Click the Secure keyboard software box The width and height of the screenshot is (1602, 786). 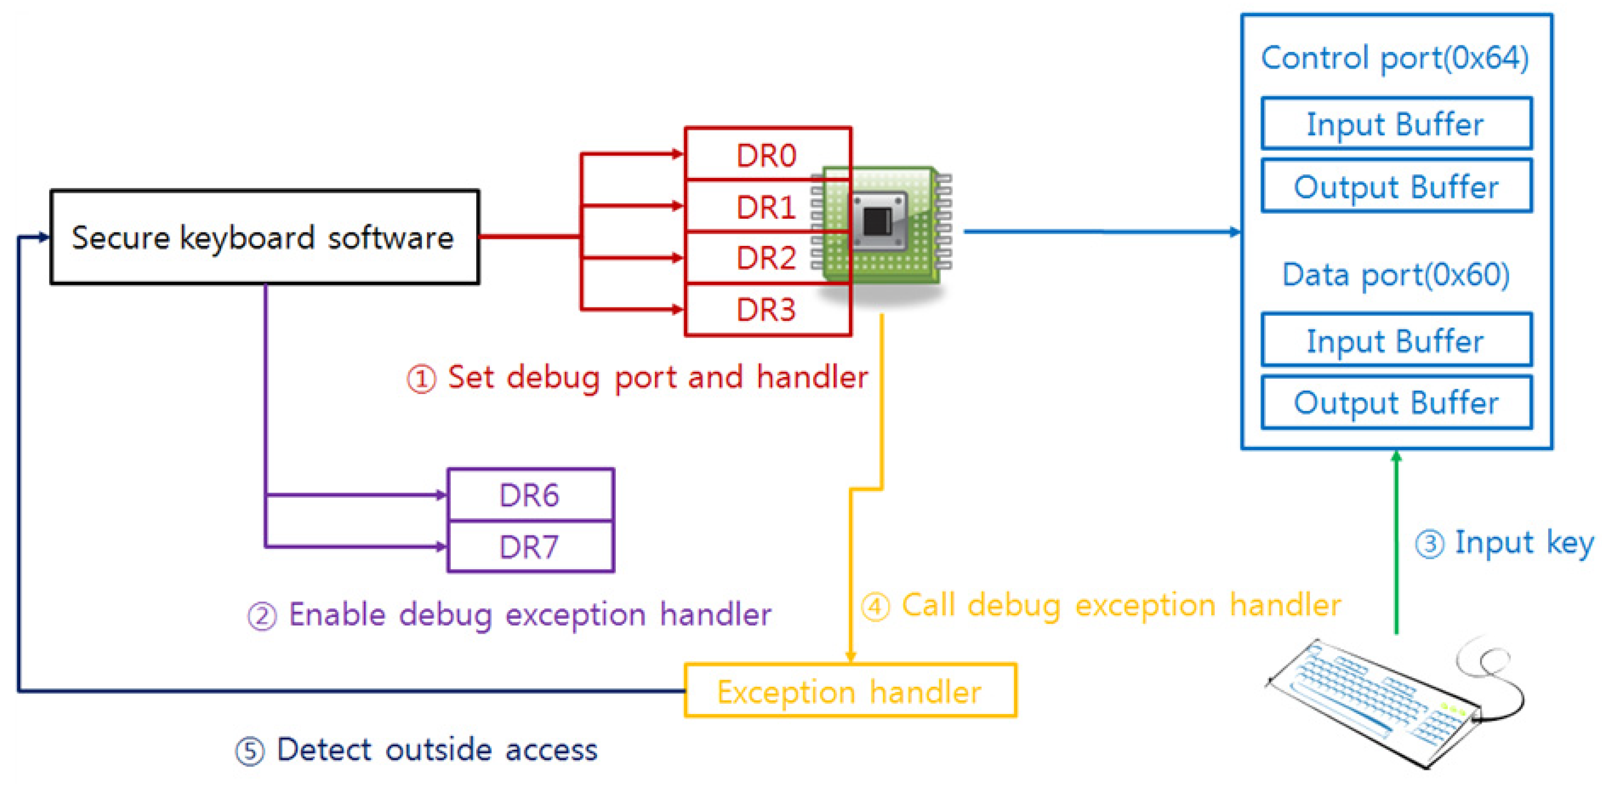coord(264,237)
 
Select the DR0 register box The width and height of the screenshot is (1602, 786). coord(767,154)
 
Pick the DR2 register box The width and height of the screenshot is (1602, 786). coord(767,257)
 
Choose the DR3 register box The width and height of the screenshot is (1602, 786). coord(767,309)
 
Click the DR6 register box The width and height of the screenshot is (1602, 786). coord(530,495)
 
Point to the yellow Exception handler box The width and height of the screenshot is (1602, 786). coord(849,691)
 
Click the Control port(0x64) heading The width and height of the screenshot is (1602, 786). coord(1395,57)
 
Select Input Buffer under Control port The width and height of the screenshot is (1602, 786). coord(1396,123)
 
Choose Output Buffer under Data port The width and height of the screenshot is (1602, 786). coord(1396,402)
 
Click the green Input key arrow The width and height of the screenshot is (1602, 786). coord(1396,542)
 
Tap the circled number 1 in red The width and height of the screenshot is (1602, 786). coord(421,378)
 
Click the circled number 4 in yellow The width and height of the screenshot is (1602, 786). coord(876,606)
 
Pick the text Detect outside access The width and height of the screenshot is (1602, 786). coord(436,749)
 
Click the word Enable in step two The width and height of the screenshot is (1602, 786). coord(338,614)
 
